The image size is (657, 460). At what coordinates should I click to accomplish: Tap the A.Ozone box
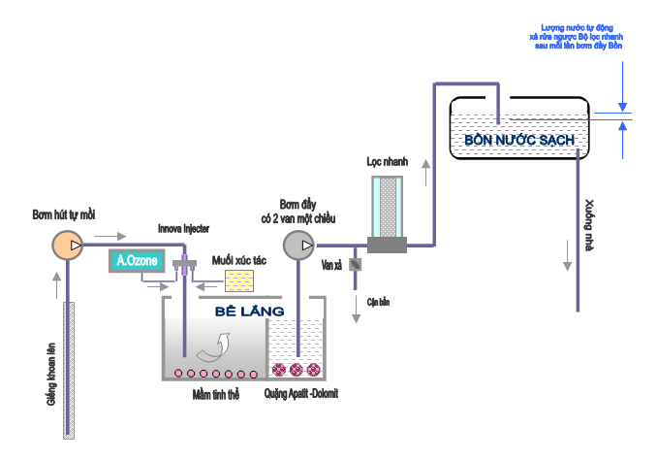[x=132, y=261]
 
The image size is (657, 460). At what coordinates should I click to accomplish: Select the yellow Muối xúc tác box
[x=238, y=280]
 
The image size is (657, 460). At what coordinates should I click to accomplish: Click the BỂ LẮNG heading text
[x=250, y=311]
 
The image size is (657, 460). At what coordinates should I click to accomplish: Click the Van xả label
[x=332, y=264]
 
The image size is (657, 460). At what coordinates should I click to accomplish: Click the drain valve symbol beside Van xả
[x=356, y=264]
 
